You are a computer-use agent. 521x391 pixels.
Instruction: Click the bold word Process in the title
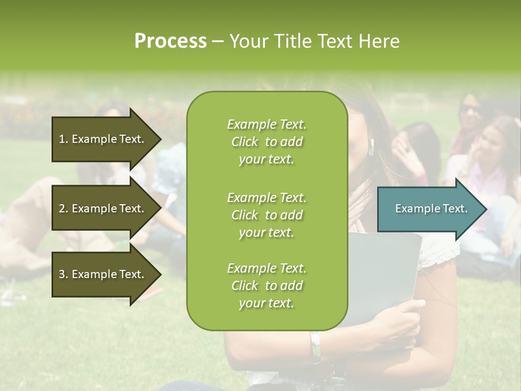coord(170,41)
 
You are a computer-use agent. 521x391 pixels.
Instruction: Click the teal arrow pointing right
coord(429,209)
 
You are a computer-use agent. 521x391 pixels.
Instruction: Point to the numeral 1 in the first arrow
coord(61,139)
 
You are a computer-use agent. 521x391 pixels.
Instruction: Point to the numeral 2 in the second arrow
coord(62,209)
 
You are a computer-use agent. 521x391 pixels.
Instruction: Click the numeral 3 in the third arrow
coord(62,274)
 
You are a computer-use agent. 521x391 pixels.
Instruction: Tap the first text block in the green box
coord(266,142)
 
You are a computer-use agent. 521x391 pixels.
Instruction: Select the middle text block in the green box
coord(266,215)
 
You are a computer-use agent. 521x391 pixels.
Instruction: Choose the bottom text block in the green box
coord(266,286)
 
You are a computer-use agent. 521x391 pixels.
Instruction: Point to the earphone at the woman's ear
coord(372,146)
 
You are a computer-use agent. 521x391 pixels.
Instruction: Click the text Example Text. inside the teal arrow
coord(431,209)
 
